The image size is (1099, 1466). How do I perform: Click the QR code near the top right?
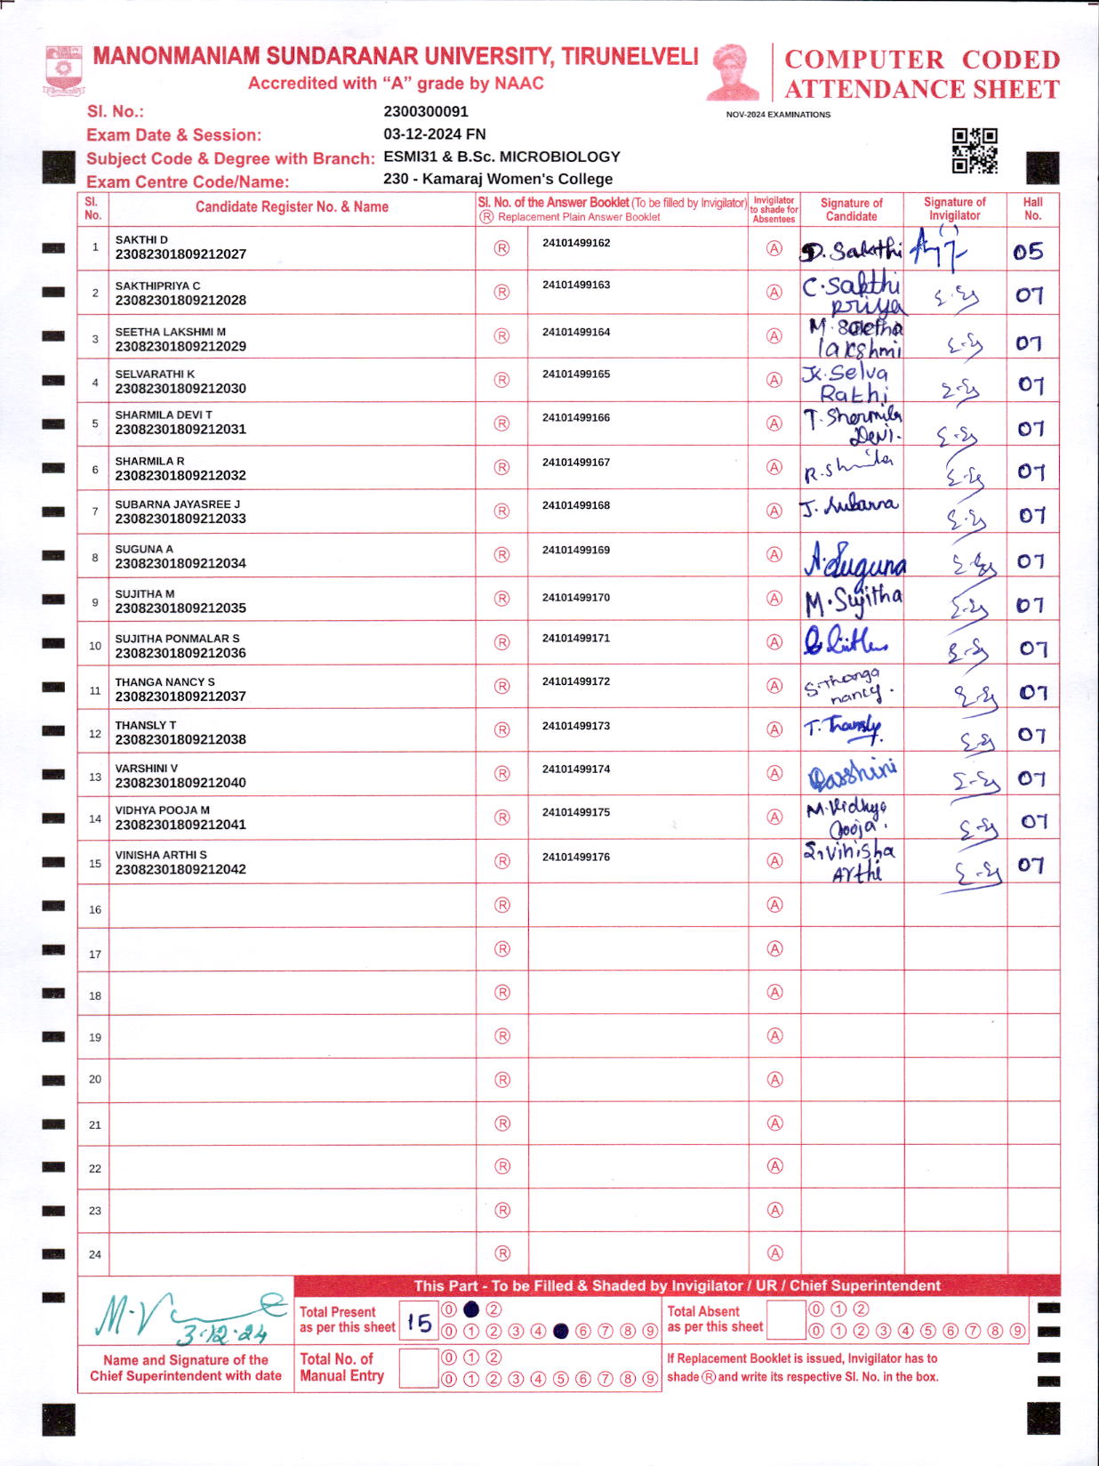(x=975, y=150)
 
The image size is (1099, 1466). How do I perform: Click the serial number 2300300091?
(x=426, y=111)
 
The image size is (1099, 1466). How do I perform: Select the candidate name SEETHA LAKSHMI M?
(x=170, y=332)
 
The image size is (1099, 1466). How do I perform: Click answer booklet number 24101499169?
(x=576, y=550)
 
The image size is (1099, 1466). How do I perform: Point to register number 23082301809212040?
(x=180, y=783)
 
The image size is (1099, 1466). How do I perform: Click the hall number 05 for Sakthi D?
(x=1028, y=252)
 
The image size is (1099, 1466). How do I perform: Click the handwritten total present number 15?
(x=419, y=1323)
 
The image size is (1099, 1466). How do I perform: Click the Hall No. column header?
(x=1032, y=208)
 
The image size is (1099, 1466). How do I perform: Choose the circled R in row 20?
(x=502, y=1079)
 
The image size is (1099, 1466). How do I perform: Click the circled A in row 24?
(x=775, y=1253)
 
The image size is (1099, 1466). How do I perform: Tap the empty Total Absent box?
(x=785, y=1320)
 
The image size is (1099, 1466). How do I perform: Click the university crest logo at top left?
(x=64, y=70)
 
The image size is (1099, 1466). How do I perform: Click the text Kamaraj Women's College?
(x=517, y=179)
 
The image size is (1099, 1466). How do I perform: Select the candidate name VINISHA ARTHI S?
(x=161, y=855)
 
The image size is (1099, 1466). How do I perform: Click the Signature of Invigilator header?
(x=954, y=208)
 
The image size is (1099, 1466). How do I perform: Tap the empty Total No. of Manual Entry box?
(x=419, y=1368)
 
